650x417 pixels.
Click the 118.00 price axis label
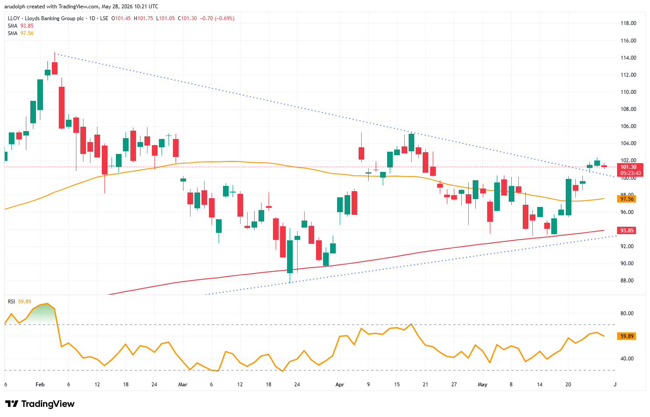tap(628, 23)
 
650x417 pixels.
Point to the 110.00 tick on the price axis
tap(628, 92)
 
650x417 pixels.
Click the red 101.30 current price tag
tap(628, 167)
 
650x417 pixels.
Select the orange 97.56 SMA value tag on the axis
tap(627, 199)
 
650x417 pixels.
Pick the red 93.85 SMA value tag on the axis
tap(627, 231)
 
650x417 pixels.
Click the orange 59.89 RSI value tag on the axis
tap(627, 336)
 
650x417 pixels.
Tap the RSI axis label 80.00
tap(627, 314)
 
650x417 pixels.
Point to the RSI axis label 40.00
tap(627, 359)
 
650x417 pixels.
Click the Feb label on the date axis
tap(40, 385)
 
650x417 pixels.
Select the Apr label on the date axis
tap(340, 385)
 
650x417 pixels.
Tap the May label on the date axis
tap(482, 385)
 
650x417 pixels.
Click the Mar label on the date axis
tap(183, 385)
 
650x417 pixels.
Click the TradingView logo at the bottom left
tap(40, 404)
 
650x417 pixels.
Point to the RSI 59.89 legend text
tap(19, 302)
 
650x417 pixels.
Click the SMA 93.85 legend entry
tap(21, 26)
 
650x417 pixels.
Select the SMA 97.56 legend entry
tap(21, 33)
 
